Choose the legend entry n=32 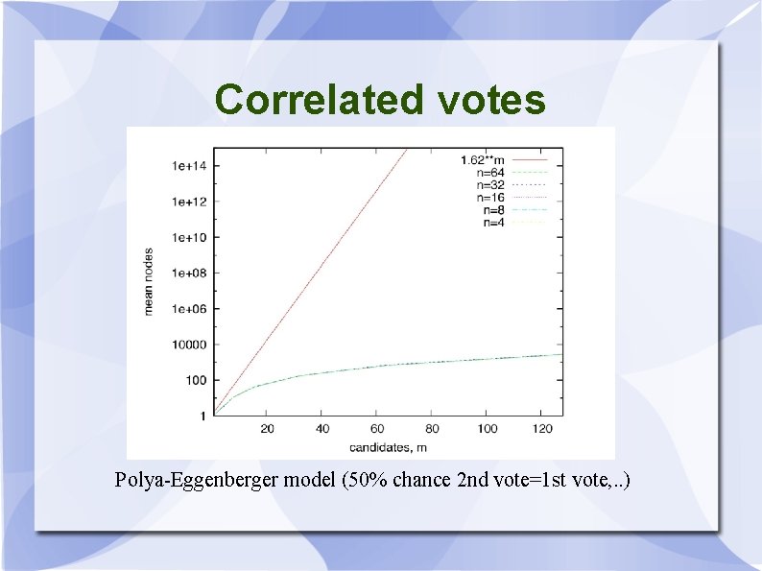tap(492, 184)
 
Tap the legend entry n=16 tap(492, 197)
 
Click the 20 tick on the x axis tap(268, 429)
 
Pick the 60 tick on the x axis tap(377, 429)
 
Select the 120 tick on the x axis tap(542, 429)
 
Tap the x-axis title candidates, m tap(388, 447)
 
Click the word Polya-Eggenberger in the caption tap(197, 479)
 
